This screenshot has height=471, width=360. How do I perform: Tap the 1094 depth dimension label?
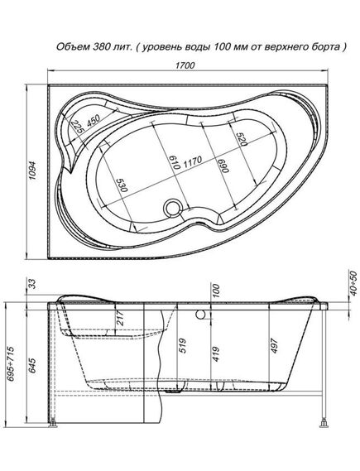[32, 170]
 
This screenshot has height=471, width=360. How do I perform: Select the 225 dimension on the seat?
[79, 128]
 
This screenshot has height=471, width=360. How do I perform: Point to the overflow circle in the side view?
[200, 314]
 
